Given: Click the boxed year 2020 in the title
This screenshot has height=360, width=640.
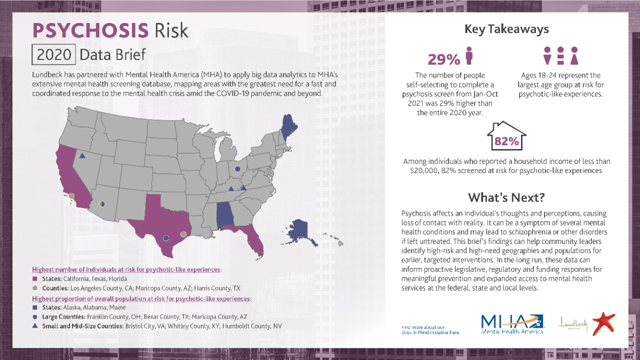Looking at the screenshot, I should [x=53, y=54].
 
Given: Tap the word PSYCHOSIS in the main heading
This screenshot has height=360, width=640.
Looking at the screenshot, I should [x=90, y=30].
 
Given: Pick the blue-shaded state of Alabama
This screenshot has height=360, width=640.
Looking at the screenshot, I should [x=224, y=215].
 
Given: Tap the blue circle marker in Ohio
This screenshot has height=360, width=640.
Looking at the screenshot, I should [x=237, y=169].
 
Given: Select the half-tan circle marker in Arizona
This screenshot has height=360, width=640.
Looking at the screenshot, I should [x=102, y=204].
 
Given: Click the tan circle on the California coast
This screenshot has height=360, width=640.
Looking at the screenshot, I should [x=72, y=196].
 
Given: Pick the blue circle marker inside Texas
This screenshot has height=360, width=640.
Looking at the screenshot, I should [x=166, y=238].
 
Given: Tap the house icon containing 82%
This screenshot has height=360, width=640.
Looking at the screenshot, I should [x=506, y=136].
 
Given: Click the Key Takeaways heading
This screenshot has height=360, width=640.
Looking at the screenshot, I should [x=506, y=29].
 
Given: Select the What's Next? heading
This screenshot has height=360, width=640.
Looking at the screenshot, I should [x=506, y=197].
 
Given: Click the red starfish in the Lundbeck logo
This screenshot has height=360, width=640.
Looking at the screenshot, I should [x=603, y=323].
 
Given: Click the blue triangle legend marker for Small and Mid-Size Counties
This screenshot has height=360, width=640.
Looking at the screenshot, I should [x=35, y=326].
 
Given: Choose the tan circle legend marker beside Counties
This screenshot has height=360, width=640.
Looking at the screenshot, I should [x=35, y=288].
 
